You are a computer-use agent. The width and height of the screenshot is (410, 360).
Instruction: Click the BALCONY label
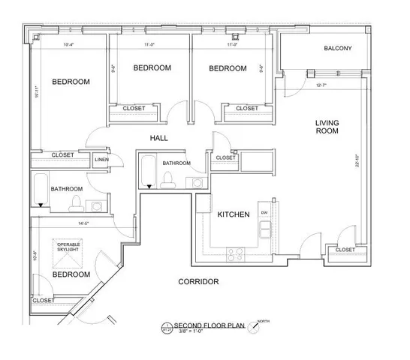point(337,49)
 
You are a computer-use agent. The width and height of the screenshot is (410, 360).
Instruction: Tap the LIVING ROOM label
point(327,126)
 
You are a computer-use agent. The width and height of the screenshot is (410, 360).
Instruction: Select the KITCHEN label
point(233,214)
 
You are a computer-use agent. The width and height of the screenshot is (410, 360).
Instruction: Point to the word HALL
point(158,138)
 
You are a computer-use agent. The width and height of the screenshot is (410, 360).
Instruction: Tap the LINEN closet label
point(101,160)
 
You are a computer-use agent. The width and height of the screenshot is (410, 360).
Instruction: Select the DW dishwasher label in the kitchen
point(264,213)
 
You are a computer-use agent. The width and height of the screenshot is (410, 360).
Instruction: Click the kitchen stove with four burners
point(238,253)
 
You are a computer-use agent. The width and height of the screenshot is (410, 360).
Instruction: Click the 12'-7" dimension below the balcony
point(321,85)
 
